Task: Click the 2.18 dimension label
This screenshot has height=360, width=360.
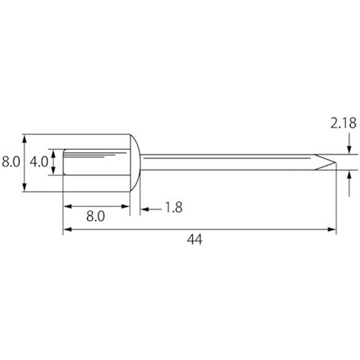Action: pos(343,123)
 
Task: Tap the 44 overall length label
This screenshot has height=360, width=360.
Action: pos(194,239)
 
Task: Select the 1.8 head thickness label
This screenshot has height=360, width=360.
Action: pos(174,208)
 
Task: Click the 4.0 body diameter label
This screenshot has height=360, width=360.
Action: pos(39,162)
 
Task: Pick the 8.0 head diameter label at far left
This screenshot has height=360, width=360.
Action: pos(10,162)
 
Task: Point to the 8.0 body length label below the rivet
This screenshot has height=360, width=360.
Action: pos(95,216)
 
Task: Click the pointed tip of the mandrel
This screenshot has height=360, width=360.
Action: pos(335,162)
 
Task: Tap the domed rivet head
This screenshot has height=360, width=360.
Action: pos(136,163)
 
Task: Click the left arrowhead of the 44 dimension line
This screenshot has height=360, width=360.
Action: pos(67,229)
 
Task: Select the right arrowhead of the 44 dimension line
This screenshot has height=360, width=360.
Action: pos(331,229)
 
